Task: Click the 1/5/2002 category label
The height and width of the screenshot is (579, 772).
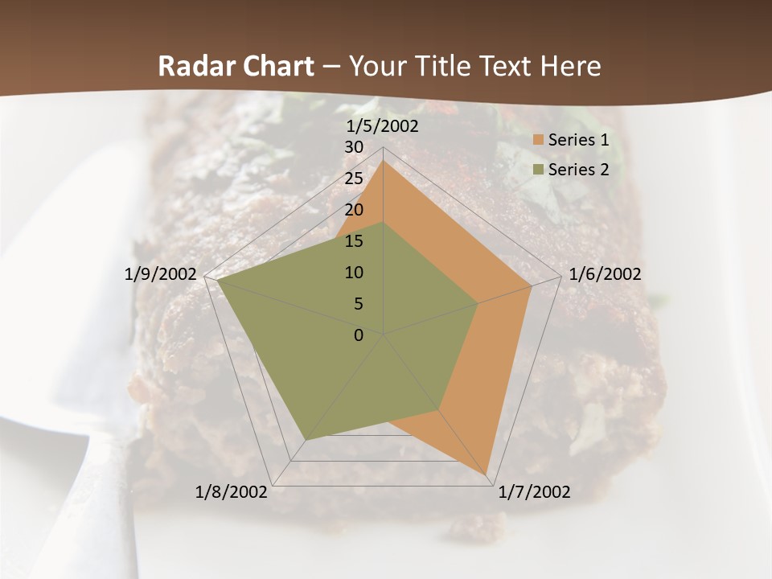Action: [x=383, y=126]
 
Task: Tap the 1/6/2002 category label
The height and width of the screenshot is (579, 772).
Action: [x=605, y=274]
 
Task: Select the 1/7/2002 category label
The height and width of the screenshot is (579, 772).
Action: [x=534, y=492]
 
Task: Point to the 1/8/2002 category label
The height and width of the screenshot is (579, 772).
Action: [x=232, y=492]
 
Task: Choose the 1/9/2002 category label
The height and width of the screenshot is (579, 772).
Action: [x=161, y=274]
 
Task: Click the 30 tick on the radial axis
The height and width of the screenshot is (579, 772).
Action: [x=354, y=147]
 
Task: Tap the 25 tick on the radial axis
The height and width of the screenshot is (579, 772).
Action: [x=354, y=179]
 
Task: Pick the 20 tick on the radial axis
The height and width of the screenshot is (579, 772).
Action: [x=354, y=210]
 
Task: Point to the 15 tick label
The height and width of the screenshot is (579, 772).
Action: [x=354, y=241]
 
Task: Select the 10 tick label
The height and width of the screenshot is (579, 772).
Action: [x=354, y=273]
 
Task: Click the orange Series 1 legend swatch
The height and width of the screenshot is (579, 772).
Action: [x=538, y=140]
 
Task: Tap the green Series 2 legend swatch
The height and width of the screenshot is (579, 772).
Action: [x=538, y=170]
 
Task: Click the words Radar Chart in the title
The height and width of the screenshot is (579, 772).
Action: [x=236, y=66]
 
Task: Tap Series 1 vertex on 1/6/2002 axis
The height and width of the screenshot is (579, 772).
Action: [x=531, y=286]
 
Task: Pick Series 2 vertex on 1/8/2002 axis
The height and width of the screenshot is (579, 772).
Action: [x=305, y=440]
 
